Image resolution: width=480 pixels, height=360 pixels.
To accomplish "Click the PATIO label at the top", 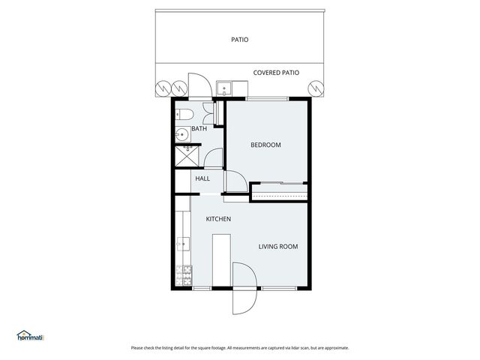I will (x=240, y=40).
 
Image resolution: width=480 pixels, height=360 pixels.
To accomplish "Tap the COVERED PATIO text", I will (x=276, y=73).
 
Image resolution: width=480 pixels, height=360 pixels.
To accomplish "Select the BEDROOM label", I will (x=265, y=145).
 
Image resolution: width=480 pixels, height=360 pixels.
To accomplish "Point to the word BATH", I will (x=199, y=129).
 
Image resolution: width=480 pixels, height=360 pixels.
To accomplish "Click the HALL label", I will (x=202, y=179).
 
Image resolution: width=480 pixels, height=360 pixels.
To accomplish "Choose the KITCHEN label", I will (x=218, y=219).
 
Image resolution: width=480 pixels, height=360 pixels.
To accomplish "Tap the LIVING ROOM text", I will (x=278, y=246).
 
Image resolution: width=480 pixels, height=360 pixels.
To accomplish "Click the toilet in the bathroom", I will (x=184, y=115).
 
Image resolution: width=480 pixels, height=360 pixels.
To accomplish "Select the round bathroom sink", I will (x=181, y=135).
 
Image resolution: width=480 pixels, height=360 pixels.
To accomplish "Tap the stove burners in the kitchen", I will (x=183, y=274).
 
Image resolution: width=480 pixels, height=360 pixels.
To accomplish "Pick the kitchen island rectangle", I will (x=221, y=259).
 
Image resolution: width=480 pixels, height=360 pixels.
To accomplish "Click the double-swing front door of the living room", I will (x=244, y=289).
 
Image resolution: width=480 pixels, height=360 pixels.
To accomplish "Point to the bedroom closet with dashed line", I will (x=280, y=192).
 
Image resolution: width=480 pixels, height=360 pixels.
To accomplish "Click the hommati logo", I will (x=30, y=336).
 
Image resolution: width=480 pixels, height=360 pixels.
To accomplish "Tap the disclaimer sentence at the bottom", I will (x=240, y=347).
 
